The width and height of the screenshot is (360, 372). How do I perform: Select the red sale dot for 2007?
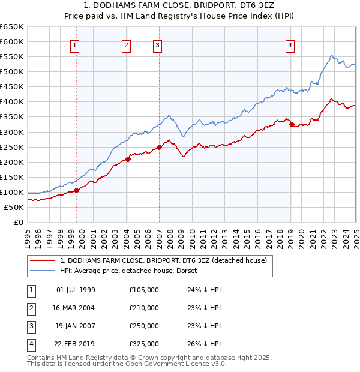pos(160,147)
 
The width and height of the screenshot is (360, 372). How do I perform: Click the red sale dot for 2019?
pos(292,124)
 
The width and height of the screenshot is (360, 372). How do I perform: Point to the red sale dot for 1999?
pos(77,190)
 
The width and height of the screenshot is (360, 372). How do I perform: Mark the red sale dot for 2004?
pos(128,159)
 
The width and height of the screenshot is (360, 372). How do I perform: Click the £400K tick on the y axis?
pos(11,102)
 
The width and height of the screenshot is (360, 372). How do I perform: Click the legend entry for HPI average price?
pos(133,271)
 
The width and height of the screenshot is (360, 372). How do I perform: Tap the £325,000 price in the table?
pos(144,344)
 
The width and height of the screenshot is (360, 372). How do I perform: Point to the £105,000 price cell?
pos(144,290)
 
